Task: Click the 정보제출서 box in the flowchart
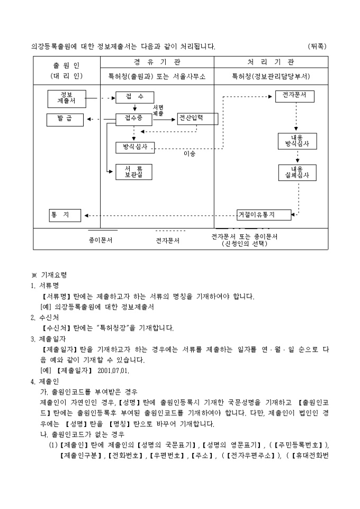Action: point(66,98)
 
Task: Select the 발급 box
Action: point(65,119)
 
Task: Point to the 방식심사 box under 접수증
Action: point(134,147)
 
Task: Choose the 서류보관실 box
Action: point(133,171)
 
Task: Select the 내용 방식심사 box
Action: point(296,141)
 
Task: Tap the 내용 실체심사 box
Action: point(296,172)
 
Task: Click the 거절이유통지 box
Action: point(264,214)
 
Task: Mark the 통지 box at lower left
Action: point(65,215)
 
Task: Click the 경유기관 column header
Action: point(157,62)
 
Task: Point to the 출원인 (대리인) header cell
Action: point(67,70)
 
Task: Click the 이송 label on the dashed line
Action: point(189,154)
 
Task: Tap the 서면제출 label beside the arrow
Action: point(158,111)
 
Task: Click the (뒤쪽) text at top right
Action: point(317,47)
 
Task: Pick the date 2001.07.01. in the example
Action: point(113,369)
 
